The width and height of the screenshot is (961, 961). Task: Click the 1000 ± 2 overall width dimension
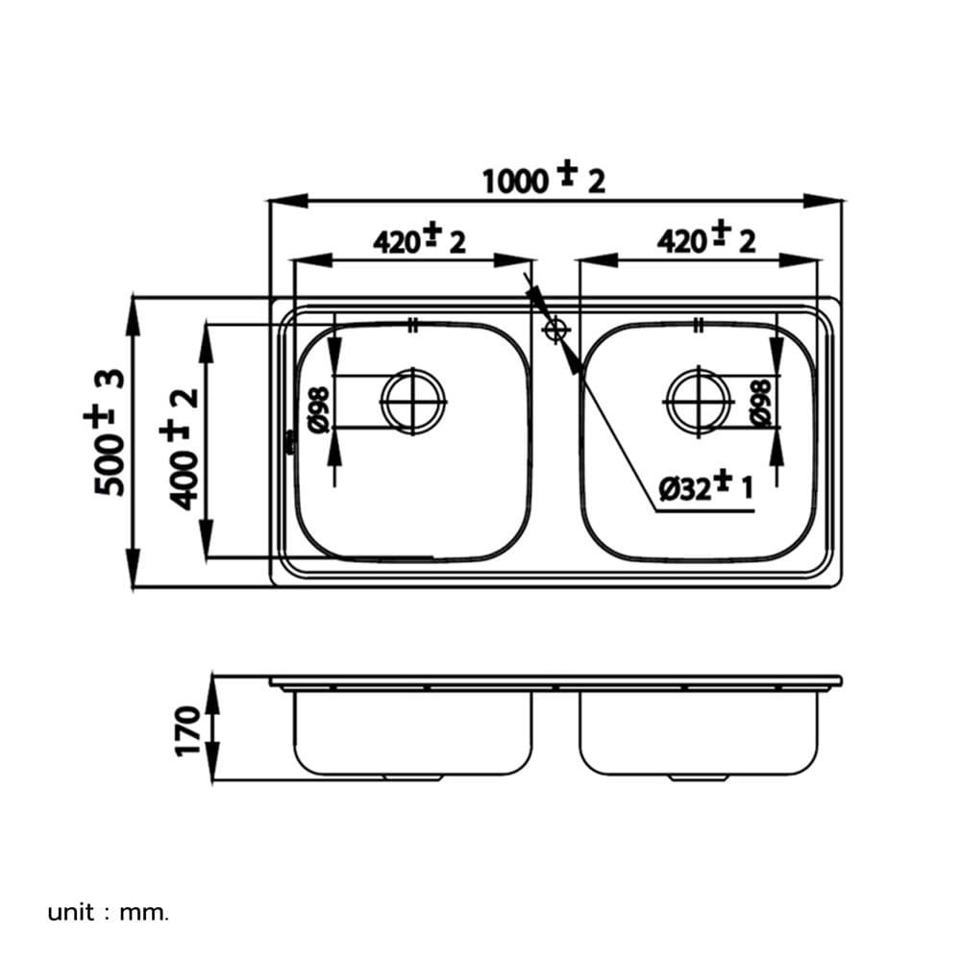pyautogui.click(x=544, y=179)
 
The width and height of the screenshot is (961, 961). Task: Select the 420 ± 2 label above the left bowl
pyautogui.click(x=419, y=240)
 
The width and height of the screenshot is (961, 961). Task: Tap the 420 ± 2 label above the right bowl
pyautogui.click(x=706, y=238)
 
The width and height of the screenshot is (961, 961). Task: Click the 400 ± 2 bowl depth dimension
pyautogui.click(x=180, y=449)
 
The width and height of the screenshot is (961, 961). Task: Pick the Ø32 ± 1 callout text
pyautogui.click(x=705, y=486)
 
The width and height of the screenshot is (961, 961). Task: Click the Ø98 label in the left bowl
pyautogui.click(x=319, y=409)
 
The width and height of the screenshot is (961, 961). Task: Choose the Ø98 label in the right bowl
pyautogui.click(x=760, y=403)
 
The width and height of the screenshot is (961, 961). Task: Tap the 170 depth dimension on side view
pyautogui.click(x=188, y=730)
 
